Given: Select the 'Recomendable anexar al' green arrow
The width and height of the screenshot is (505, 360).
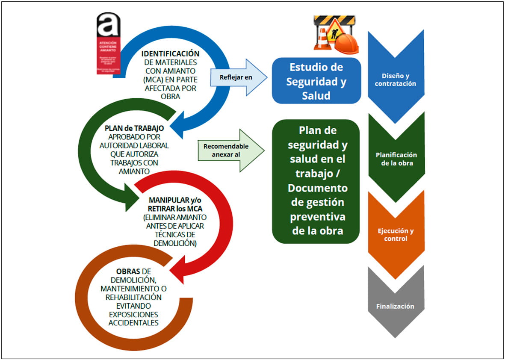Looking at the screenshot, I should point(231,150).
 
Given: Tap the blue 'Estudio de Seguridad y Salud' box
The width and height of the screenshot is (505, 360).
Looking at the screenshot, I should point(316,81).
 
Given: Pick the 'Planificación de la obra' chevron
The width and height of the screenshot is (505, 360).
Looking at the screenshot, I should point(396,159).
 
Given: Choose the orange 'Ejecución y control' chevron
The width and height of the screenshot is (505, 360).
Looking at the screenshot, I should point(396,235).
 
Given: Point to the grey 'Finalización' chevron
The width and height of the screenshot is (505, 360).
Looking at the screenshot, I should point(395,306).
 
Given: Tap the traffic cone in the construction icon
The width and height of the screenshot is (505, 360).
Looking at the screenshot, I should point(322,38).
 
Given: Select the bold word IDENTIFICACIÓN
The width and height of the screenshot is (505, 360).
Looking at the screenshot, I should point(171,53).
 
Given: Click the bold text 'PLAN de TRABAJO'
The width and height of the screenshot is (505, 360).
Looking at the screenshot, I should point(134,128).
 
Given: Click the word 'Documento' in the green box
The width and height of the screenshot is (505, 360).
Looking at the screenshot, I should point(317,188).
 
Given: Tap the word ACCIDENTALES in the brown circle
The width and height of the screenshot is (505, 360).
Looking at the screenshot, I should point(133,322).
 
